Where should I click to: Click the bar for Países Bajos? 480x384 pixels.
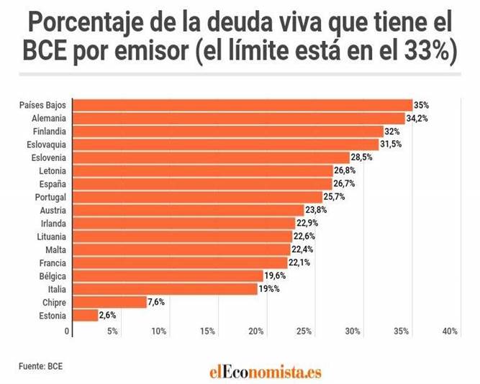coord(243,105)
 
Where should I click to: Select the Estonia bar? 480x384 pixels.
coord(86,315)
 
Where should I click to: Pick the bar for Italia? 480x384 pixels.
coord(166,289)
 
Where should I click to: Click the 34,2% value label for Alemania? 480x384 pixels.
coord(417,118)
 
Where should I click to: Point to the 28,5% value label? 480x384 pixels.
coord(361,157)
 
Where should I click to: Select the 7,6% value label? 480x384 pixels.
coord(156,302)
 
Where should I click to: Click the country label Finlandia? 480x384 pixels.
coord(50,132)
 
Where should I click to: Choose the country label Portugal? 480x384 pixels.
coord(51,197)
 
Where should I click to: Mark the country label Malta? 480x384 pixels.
coord(55,250)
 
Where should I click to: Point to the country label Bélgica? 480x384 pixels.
coord(53,275)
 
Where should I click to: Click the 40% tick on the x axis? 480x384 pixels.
coord(450,332)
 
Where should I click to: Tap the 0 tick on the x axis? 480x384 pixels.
coord(68,332)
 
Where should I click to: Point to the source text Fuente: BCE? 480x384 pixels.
coord(41,366)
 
